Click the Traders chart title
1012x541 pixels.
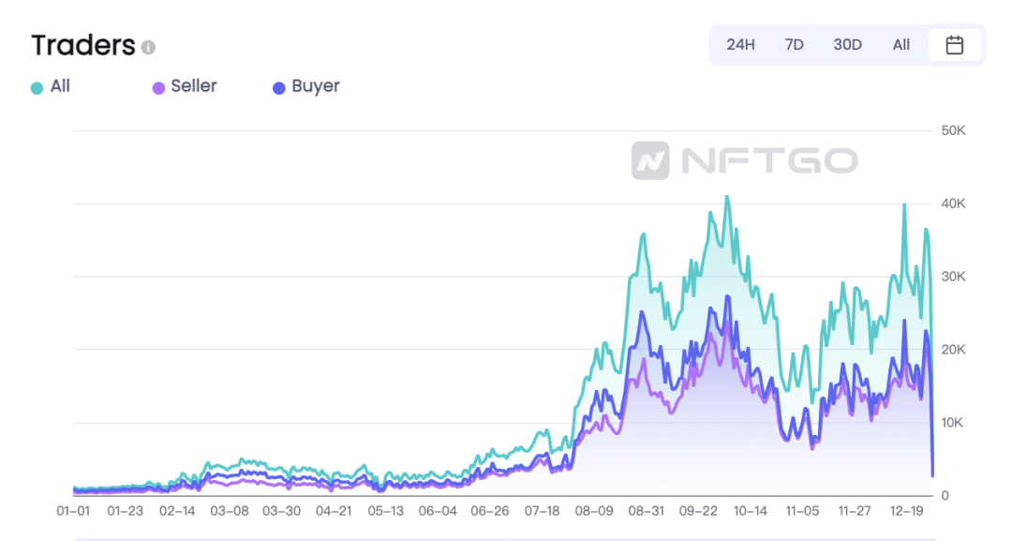click(x=83, y=45)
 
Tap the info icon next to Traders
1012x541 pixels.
click(x=148, y=47)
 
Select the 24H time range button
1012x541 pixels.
click(x=740, y=45)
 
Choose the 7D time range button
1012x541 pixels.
click(x=794, y=45)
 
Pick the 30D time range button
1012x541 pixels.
click(x=847, y=45)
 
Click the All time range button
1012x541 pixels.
click(x=901, y=45)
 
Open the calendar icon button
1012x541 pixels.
click(x=955, y=45)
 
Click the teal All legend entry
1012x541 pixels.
click(x=51, y=87)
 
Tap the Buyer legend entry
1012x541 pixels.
click(x=305, y=87)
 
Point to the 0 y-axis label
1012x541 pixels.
click(x=945, y=495)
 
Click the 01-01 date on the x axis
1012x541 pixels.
click(x=72, y=511)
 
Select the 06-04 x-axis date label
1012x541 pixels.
click(x=438, y=511)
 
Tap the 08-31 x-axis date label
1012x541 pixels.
click(x=646, y=511)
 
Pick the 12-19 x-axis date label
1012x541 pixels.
click(x=906, y=511)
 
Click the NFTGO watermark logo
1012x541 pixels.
click(x=744, y=160)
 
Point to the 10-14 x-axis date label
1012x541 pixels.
click(x=750, y=511)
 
